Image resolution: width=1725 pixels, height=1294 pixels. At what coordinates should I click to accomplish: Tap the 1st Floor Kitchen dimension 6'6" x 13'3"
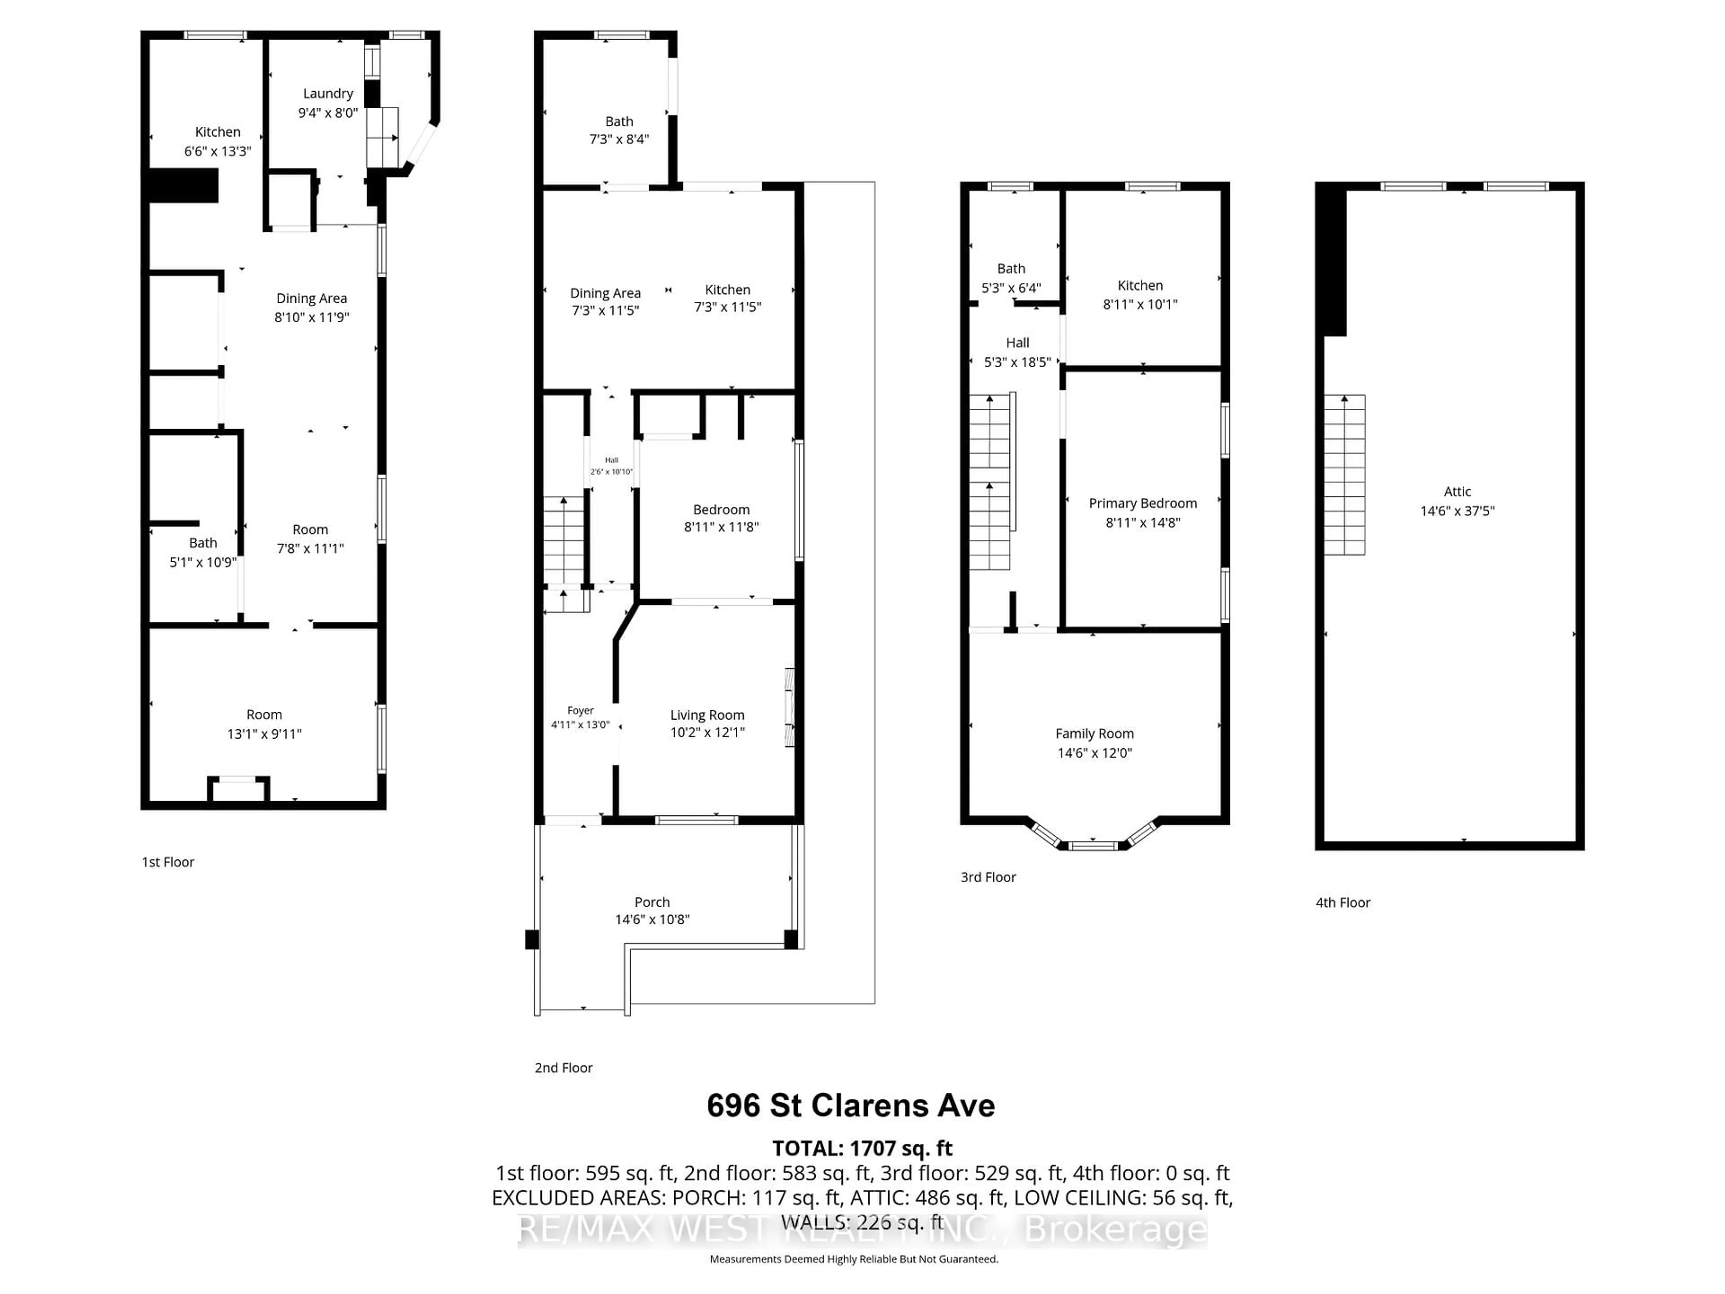point(217,151)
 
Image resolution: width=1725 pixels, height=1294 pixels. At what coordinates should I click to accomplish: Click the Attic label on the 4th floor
point(1457,492)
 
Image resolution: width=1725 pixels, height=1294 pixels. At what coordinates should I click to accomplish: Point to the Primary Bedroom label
point(1142,503)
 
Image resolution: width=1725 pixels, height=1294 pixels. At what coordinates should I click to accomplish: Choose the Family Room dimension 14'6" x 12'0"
point(1094,753)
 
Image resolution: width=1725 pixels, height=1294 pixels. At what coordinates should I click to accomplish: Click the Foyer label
point(580,710)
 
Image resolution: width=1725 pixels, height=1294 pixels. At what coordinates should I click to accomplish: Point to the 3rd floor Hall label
point(1017,342)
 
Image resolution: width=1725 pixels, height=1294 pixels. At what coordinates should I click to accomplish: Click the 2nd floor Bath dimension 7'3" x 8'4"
point(619,140)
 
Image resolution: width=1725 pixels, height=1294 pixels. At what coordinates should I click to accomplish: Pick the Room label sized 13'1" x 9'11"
point(264,714)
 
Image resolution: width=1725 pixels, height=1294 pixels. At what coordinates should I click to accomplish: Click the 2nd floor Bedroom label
point(721,510)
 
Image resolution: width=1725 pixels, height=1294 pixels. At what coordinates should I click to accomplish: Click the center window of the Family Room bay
point(1093,845)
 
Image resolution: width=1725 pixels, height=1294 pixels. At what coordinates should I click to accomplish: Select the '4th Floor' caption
point(1342,903)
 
